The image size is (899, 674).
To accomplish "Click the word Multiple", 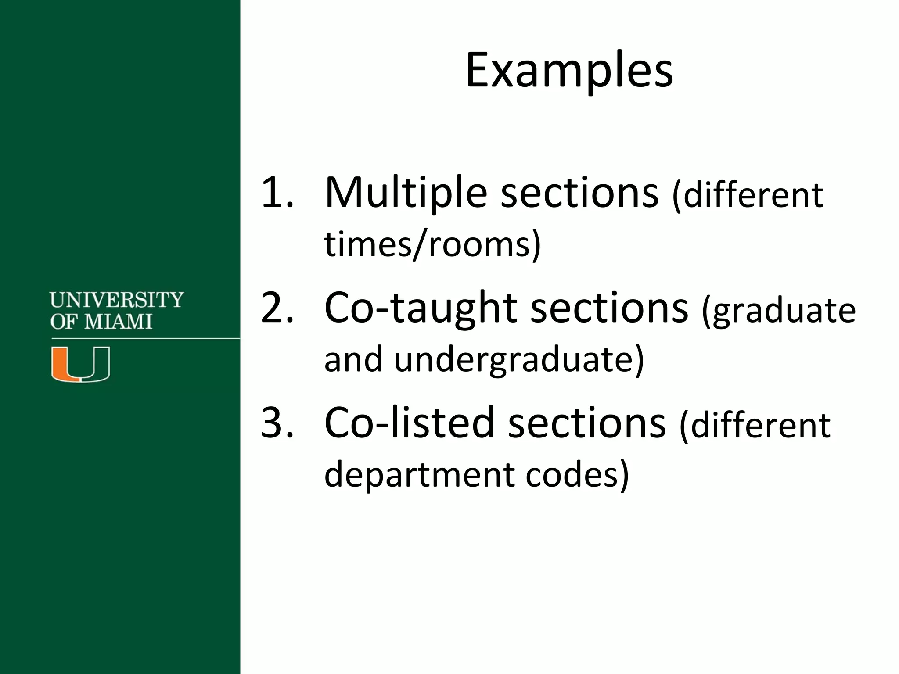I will pos(406,193).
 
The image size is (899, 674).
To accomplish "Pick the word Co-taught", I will pos(420,308).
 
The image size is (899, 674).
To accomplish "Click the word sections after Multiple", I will pos(579,193).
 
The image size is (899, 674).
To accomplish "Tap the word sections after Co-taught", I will pos(609,308).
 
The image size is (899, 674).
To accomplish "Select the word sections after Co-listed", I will pos(587,423).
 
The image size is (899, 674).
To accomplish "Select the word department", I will pos(418,476).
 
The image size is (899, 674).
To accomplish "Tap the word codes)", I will pos(577,475).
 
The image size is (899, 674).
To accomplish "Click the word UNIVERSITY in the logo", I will pos(117,300).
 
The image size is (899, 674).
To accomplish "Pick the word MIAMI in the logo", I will pos(118,322).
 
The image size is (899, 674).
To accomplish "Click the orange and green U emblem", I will pos(81,364).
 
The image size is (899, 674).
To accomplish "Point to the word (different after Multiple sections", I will pos(748,196).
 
